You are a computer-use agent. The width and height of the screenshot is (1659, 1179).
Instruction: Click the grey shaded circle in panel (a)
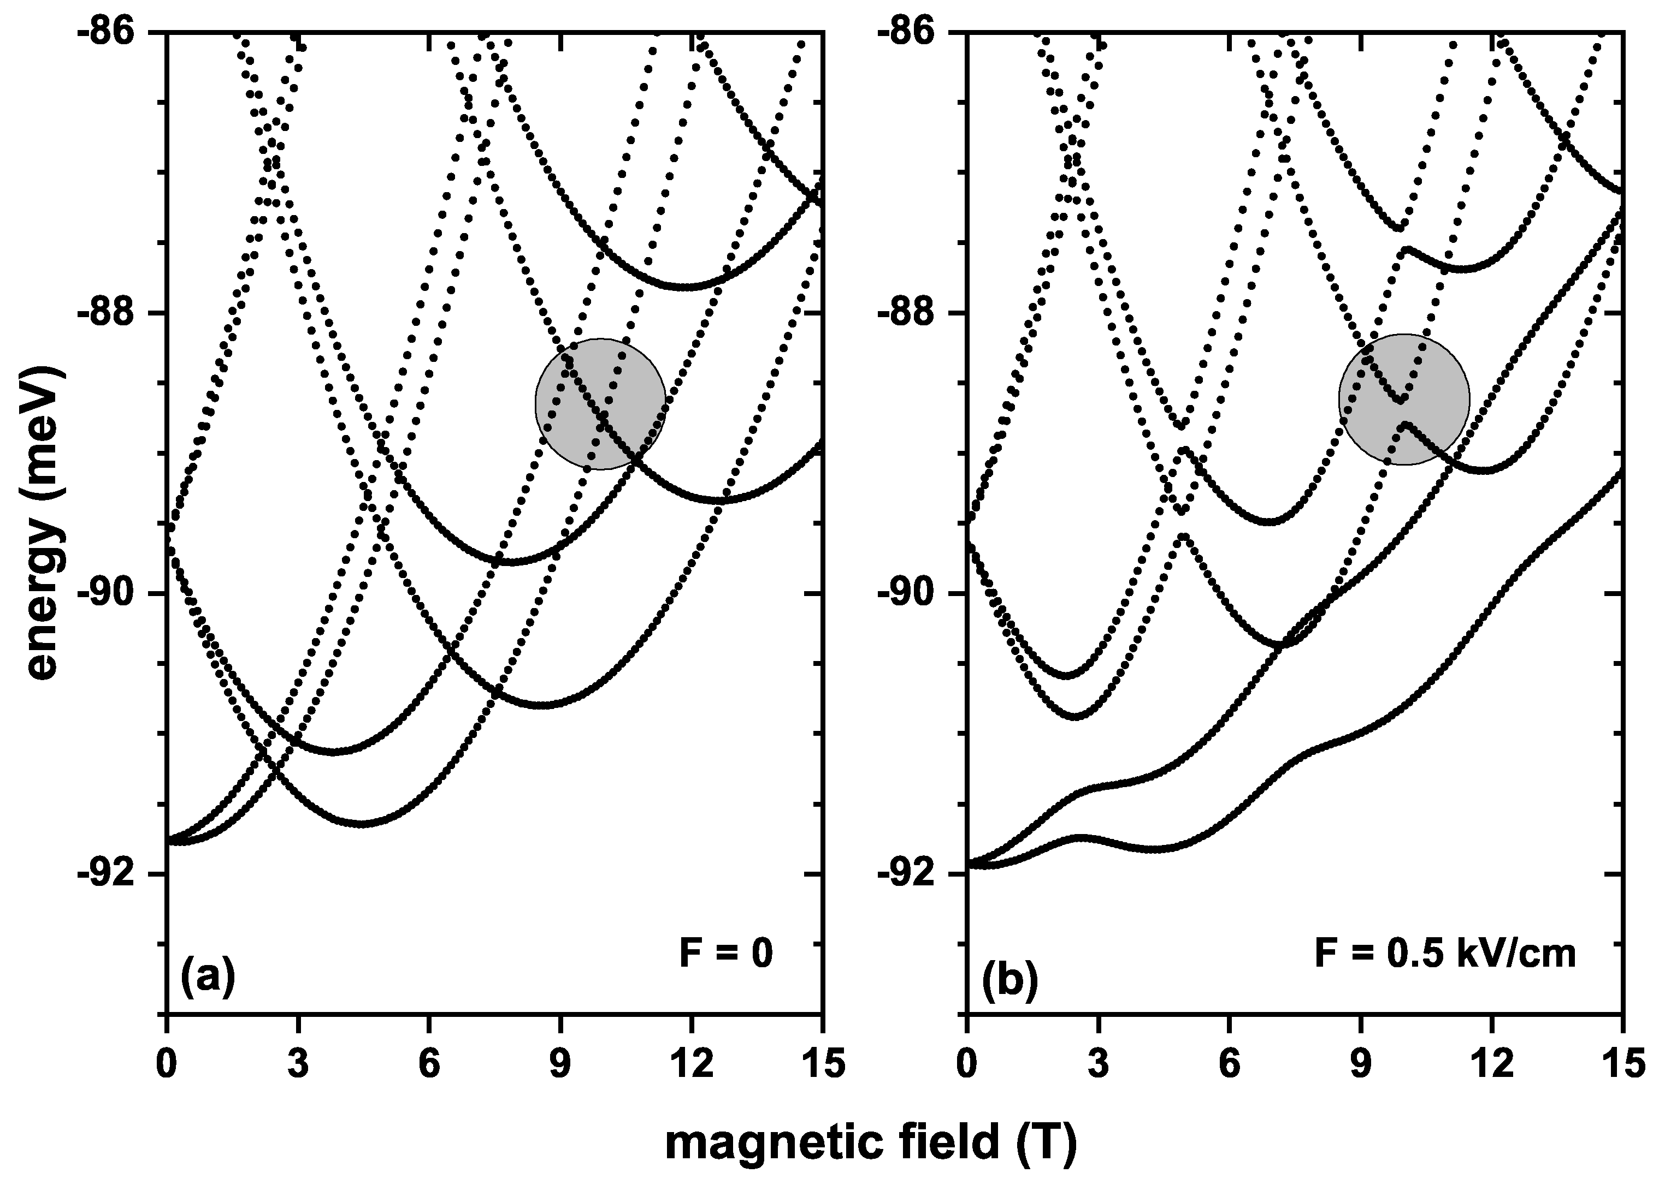[x=600, y=404]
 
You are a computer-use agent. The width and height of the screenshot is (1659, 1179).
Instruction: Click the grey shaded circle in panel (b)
[x=1404, y=400]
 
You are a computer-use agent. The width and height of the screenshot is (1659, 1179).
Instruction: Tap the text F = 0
[x=725, y=953]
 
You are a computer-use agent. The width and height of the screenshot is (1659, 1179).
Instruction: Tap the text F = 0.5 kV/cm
[x=1445, y=953]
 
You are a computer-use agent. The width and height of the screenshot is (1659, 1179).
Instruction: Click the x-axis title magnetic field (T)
[x=870, y=1142]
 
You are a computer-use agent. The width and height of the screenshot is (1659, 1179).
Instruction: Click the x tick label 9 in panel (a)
[x=560, y=1064]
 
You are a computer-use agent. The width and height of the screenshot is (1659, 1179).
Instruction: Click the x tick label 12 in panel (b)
[x=1491, y=1064]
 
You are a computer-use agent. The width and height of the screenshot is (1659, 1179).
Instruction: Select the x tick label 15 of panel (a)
[x=821, y=1064]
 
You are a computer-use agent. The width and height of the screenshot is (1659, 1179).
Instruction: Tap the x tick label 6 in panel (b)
[x=1229, y=1064]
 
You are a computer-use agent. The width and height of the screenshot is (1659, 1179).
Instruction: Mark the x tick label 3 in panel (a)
[x=298, y=1064]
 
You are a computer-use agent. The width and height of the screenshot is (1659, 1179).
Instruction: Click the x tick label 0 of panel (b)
[x=966, y=1064]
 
